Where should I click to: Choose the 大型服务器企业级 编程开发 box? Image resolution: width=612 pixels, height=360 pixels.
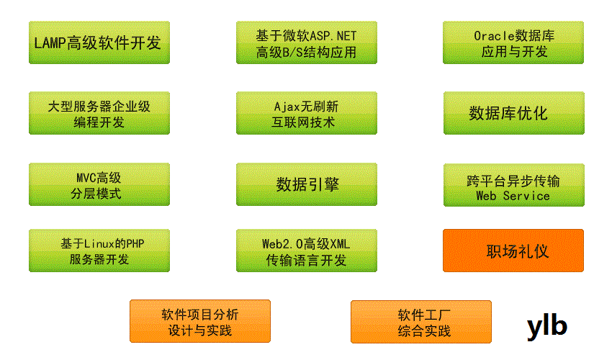pos(99,113)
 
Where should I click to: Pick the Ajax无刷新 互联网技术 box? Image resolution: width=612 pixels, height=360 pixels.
pos(306,113)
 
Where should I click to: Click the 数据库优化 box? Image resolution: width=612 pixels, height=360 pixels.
pos(513,113)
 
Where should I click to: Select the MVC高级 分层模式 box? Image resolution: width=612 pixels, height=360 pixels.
pos(99,184)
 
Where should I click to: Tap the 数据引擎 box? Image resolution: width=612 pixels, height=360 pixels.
pos(306,184)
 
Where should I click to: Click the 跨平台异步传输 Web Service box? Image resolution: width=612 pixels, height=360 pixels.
pos(513,184)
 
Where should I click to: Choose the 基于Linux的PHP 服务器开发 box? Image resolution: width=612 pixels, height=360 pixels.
pos(99,251)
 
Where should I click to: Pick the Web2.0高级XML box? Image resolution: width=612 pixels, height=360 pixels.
pos(306,251)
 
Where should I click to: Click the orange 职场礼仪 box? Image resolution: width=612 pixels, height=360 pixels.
pos(513,251)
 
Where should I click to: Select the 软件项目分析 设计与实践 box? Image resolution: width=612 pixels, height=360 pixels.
pos(199,322)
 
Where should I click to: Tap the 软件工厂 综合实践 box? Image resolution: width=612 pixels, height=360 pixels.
pos(421,322)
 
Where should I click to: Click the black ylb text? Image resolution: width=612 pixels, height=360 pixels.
pos(547,326)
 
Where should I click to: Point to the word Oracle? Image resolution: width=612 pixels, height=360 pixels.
pos(492,35)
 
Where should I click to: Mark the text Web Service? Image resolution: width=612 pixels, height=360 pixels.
pos(513,196)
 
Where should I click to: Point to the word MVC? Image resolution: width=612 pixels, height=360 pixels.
pos(86,177)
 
